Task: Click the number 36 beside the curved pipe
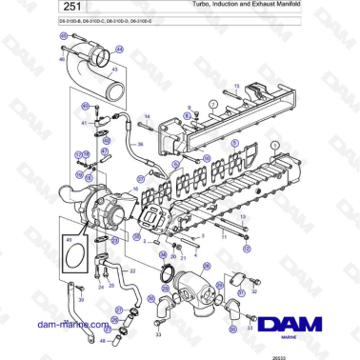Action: pos(139,145)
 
